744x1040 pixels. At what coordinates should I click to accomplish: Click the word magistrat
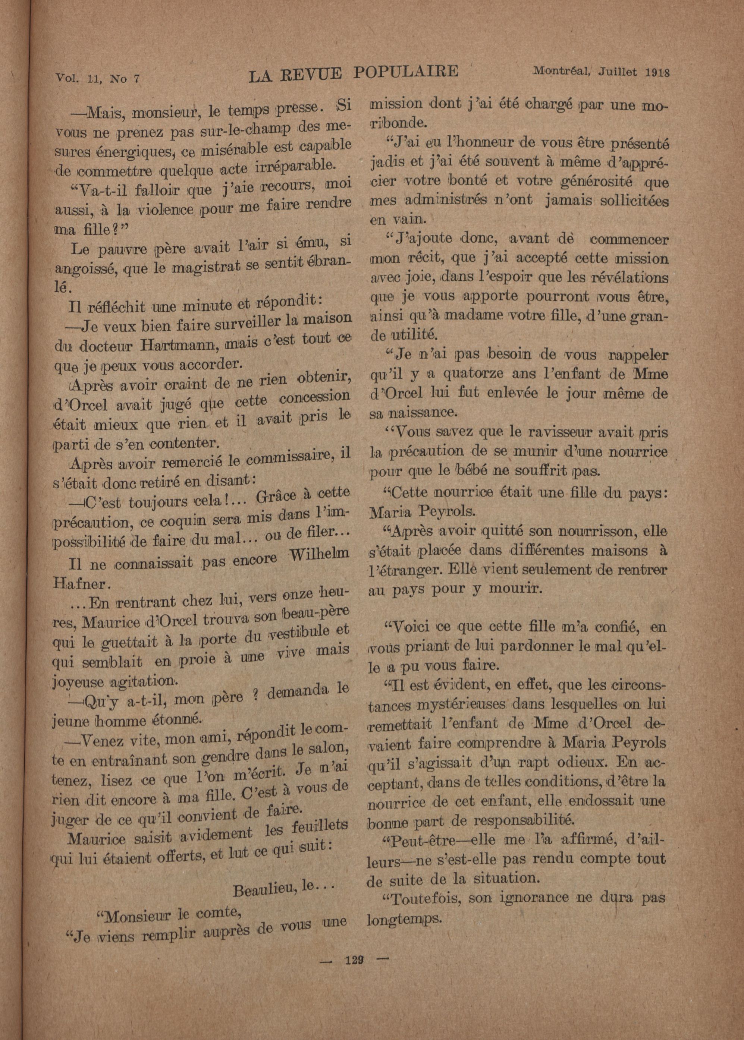tap(207, 267)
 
